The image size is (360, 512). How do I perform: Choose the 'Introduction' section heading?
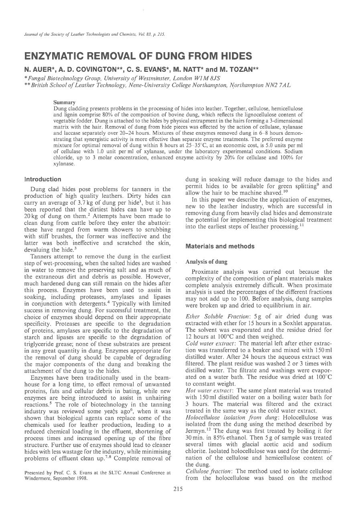tap(43, 179)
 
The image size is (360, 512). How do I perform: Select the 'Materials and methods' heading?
tap(214, 246)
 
